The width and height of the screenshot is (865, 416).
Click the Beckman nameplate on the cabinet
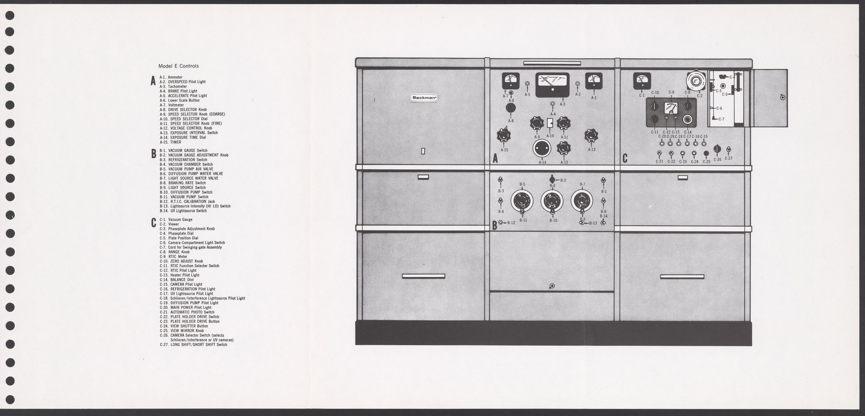pos(424,98)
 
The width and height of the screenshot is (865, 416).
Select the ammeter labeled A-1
pos(594,81)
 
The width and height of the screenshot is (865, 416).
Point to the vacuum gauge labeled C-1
pos(642,81)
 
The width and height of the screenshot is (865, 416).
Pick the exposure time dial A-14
pos(542,148)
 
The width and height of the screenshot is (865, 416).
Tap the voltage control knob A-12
pos(591,136)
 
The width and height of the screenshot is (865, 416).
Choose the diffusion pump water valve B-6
pos(552,201)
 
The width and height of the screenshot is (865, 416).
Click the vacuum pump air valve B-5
pos(522,201)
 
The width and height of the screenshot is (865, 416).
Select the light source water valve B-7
pos(582,201)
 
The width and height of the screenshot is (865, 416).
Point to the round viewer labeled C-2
pos(696,81)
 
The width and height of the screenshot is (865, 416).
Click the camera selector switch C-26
pos(717,149)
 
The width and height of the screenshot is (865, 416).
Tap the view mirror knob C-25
pos(706,153)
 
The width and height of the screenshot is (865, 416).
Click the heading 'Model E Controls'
pos(178,66)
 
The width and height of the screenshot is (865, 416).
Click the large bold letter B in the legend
pos(153,154)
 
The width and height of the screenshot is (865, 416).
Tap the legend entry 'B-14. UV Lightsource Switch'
pos(183,211)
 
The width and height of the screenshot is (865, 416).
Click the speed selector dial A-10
pos(550,123)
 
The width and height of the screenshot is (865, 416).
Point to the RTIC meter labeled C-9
pos(671,108)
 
